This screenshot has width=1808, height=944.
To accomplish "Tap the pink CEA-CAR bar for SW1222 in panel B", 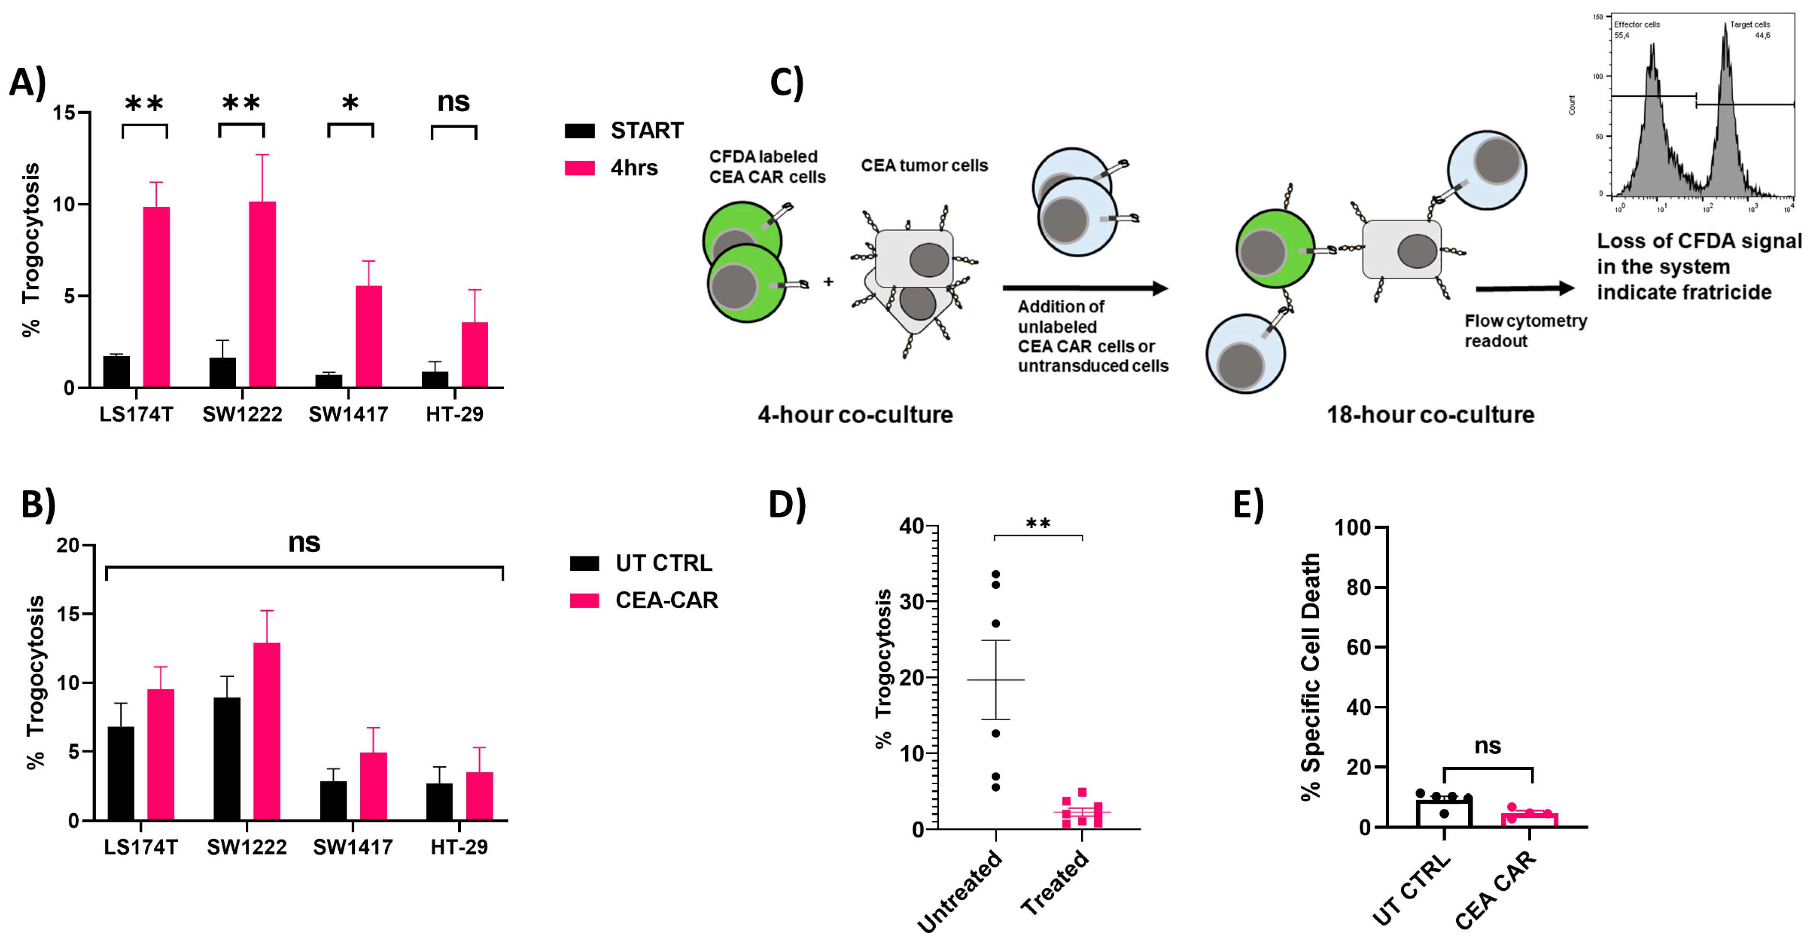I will point(267,731).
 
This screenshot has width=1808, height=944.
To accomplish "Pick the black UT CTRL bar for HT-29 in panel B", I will point(439,802).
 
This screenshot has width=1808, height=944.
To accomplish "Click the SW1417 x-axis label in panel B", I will point(352,847).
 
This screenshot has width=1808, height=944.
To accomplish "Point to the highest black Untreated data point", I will point(995,574).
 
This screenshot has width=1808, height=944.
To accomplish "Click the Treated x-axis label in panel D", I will point(1054,882).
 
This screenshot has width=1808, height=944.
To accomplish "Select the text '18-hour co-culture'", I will point(1430,415).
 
